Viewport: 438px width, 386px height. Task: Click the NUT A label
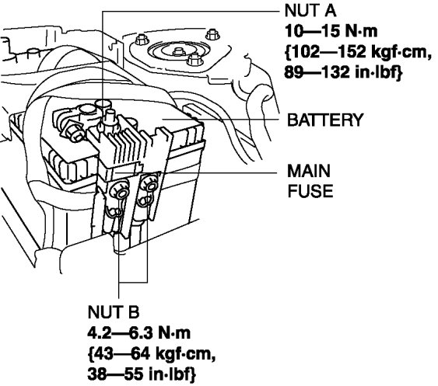pyautogui.click(x=310, y=11)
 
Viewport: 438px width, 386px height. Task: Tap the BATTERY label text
pyautogui.click(x=325, y=120)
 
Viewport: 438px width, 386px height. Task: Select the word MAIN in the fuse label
pyautogui.click(x=309, y=171)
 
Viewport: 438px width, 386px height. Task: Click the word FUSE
pyautogui.click(x=310, y=191)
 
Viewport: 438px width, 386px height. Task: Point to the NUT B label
pyautogui.click(x=113, y=311)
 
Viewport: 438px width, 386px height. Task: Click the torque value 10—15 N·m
pyautogui.click(x=331, y=31)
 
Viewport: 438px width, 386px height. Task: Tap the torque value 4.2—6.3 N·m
pyautogui.click(x=138, y=332)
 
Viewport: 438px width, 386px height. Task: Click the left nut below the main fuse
pyautogui.click(x=120, y=190)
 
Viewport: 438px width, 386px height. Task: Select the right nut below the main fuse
pyautogui.click(x=149, y=184)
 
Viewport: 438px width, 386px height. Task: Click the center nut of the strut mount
pyautogui.click(x=179, y=51)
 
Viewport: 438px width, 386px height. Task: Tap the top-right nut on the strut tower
pyautogui.click(x=212, y=34)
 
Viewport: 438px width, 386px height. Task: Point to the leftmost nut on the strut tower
pyautogui.click(x=142, y=40)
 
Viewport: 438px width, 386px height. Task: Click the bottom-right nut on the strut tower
pyautogui.click(x=194, y=59)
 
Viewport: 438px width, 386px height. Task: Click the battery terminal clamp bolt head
pyautogui.click(x=74, y=132)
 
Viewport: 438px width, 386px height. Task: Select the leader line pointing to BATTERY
pyautogui.click(x=221, y=120)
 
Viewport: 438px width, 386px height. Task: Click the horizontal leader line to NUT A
pyautogui.click(x=191, y=12)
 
